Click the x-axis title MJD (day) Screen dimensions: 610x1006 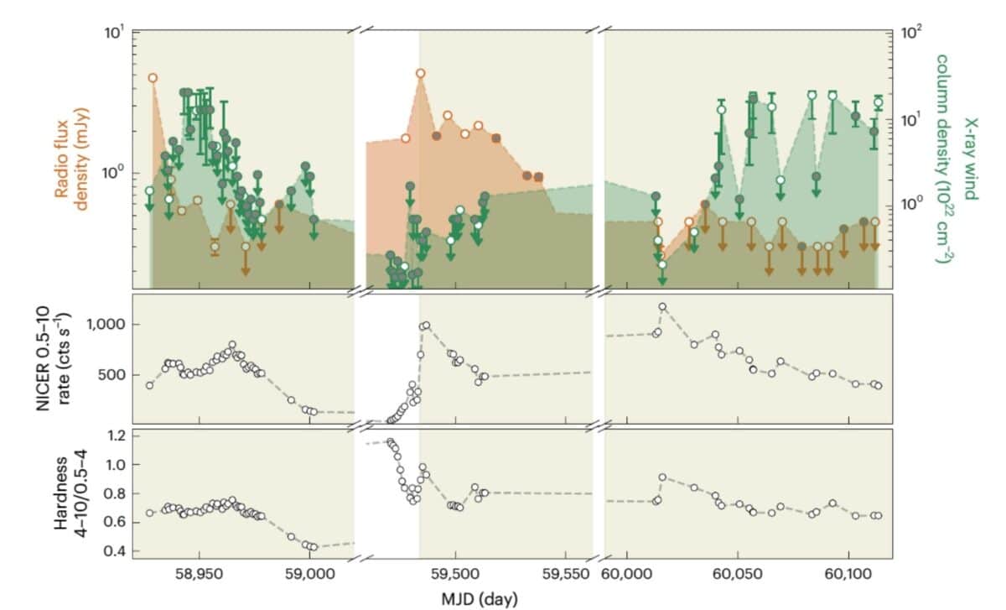(479, 599)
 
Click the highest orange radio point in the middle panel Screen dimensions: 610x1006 (421, 74)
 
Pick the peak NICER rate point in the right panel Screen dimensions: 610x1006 (662, 307)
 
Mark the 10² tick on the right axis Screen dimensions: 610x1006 (910, 33)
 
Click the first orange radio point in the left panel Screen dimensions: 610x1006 (153, 78)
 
